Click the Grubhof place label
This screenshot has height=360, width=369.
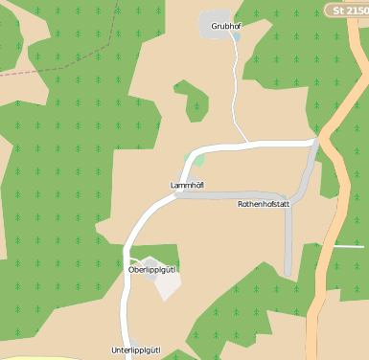pyautogui.click(x=226, y=26)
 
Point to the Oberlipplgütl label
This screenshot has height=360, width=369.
pyautogui.click(x=152, y=270)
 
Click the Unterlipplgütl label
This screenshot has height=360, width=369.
pyautogui.click(x=135, y=349)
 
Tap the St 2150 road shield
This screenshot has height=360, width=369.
pyautogui.click(x=347, y=11)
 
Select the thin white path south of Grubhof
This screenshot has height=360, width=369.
pyautogui.click(x=237, y=96)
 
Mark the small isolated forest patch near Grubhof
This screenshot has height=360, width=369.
pyautogui.click(x=194, y=99)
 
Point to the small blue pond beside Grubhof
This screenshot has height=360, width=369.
pyautogui.click(x=235, y=38)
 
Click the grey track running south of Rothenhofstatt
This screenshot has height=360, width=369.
pyautogui.click(x=288, y=239)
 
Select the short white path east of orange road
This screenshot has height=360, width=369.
pyautogui.click(x=350, y=246)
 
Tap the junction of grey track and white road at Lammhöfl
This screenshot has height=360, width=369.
pyautogui.click(x=176, y=194)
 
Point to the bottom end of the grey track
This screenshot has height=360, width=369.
pyautogui.click(x=288, y=275)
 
